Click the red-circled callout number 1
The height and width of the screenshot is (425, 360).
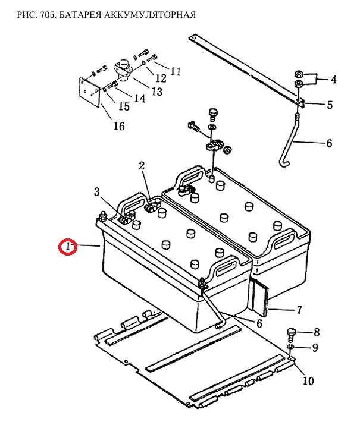tap(68, 247)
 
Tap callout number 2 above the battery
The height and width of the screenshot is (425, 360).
tap(142, 166)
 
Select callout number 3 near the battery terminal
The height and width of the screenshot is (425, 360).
tap(97, 192)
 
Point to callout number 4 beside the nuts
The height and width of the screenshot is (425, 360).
tap(333, 80)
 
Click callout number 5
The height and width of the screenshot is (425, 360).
tap(330, 105)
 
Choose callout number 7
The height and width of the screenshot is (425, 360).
tap(299, 310)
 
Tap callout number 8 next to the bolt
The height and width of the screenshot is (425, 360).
tap(317, 332)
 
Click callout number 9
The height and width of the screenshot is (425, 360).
tap(315, 348)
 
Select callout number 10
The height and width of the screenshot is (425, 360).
tap(308, 381)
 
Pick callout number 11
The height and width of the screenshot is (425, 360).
tap(176, 71)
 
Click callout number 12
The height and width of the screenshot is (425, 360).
tap(161, 78)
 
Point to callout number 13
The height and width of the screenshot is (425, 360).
tap(157, 92)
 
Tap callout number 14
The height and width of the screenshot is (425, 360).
tap(140, 98)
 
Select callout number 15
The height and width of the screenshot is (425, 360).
tap(124, 106)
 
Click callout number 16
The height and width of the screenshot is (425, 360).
tap(119, 126)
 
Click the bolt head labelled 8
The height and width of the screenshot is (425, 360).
tap(290, 331)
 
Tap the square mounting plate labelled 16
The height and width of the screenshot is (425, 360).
tap(89, 92)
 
